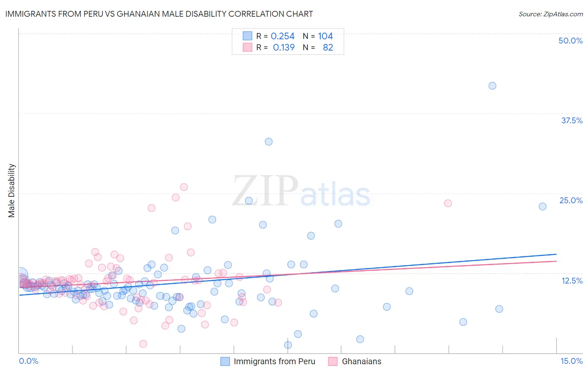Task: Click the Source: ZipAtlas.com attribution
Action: [550, 14]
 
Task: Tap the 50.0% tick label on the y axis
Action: [570, 41]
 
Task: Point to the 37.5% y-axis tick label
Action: [571, 120]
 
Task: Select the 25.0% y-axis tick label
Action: [570, 200]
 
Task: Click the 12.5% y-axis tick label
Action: [572, 281]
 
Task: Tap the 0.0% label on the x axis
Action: [28, 361]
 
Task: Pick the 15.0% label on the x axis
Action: [571, 361]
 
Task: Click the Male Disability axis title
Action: [11, 190]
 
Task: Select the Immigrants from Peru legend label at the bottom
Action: [274, 361]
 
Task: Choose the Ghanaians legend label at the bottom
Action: [361, 361]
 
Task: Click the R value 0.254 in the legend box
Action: [282, 36]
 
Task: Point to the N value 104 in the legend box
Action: [325, 36]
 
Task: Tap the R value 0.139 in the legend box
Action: [284, 48]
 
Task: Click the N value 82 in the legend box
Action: [328, 48]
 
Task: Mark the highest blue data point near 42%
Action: [492, 86]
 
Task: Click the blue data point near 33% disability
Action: [268, 142]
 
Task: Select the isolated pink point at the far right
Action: [447, 203]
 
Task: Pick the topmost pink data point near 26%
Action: [184, 187]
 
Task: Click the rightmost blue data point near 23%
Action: [542, 206]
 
